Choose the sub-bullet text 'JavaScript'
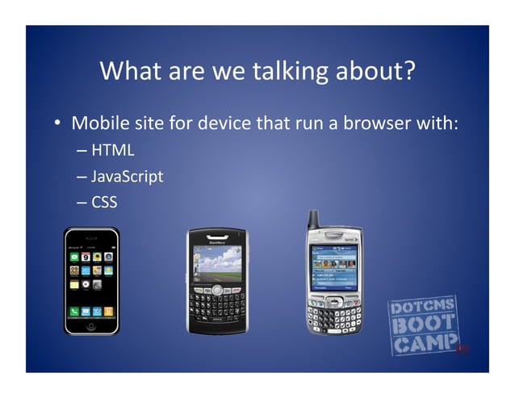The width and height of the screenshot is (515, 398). click(x=128, y=175)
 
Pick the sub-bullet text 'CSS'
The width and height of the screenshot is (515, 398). click(x=104, y=202)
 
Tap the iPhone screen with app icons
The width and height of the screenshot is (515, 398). click(x=91, y=279)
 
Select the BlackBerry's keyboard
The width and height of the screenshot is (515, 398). click(x=217, y=307)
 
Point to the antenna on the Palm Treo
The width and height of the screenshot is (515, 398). click(x=312, y=220)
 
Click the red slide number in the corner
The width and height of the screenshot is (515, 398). click(x=462, y=350)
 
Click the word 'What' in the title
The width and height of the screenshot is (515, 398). click(x=129, y=72)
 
